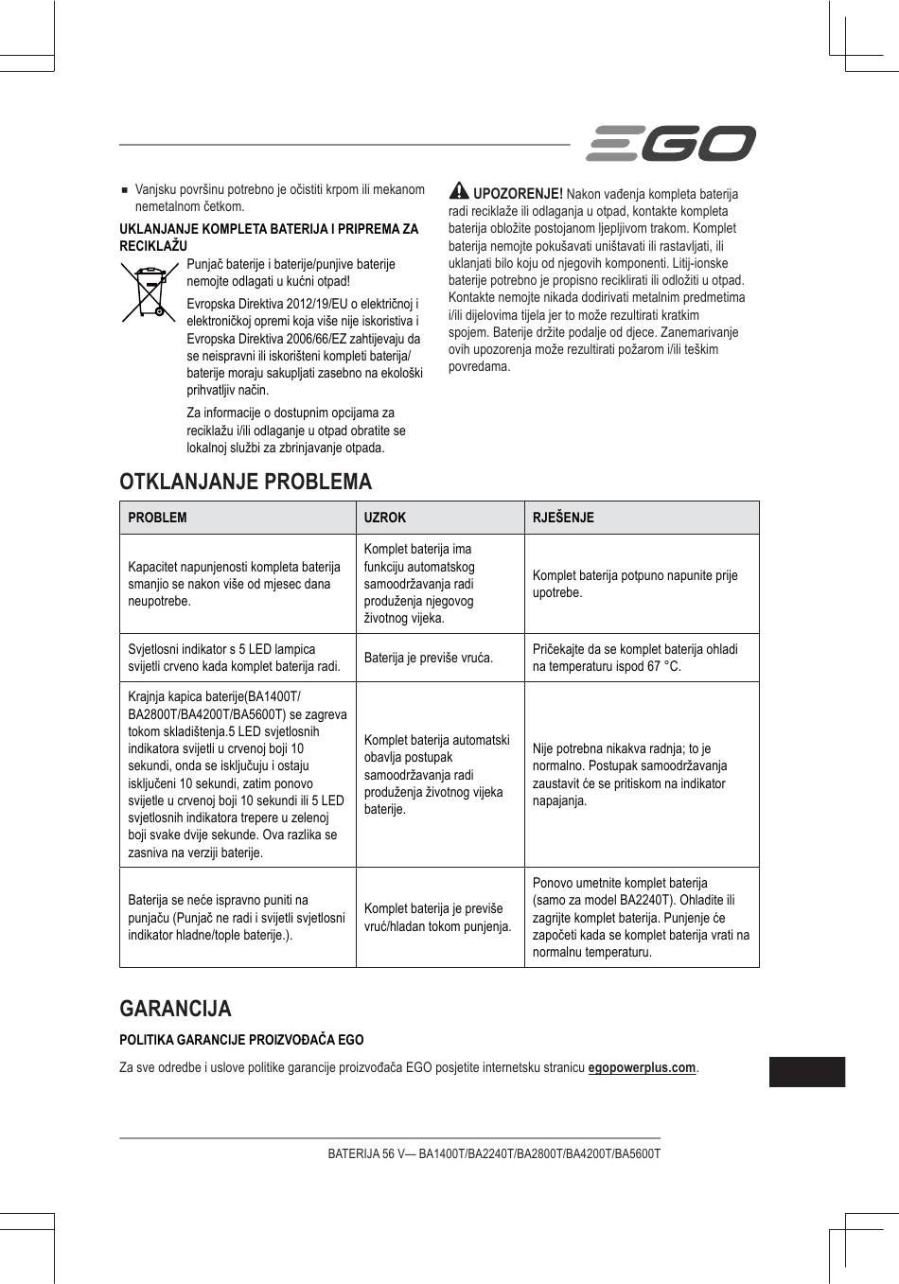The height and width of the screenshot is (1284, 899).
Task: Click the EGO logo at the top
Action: tap(670, 144)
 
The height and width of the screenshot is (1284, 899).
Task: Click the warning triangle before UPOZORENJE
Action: tap(459, 190)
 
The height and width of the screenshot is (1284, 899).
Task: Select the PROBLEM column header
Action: tap(158, 518)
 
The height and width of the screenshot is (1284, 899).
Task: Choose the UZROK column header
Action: tap(385, 518)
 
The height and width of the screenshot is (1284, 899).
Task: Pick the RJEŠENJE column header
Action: tap(563, 518)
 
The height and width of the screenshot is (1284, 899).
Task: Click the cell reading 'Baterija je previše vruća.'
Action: tap(429, 658)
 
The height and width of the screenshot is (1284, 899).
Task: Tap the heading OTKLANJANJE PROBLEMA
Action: tap(246, 482)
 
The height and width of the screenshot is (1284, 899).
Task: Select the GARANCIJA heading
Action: tap(175, 1008)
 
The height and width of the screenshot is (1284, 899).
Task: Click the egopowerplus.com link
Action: tap(642, 1068)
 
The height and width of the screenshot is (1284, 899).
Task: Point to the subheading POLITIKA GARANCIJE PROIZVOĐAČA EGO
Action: tap(241, 1039)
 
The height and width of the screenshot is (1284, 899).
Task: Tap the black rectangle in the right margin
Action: tap(806, 1072)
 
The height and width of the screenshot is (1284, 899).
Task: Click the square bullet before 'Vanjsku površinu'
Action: tap(124, 189)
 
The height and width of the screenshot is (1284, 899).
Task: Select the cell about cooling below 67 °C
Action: tap(635, 658)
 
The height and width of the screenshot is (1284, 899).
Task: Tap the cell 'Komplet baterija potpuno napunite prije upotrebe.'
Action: tap(635, 584)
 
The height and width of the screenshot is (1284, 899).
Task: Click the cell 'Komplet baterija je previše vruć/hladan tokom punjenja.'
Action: tap(438, 917)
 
